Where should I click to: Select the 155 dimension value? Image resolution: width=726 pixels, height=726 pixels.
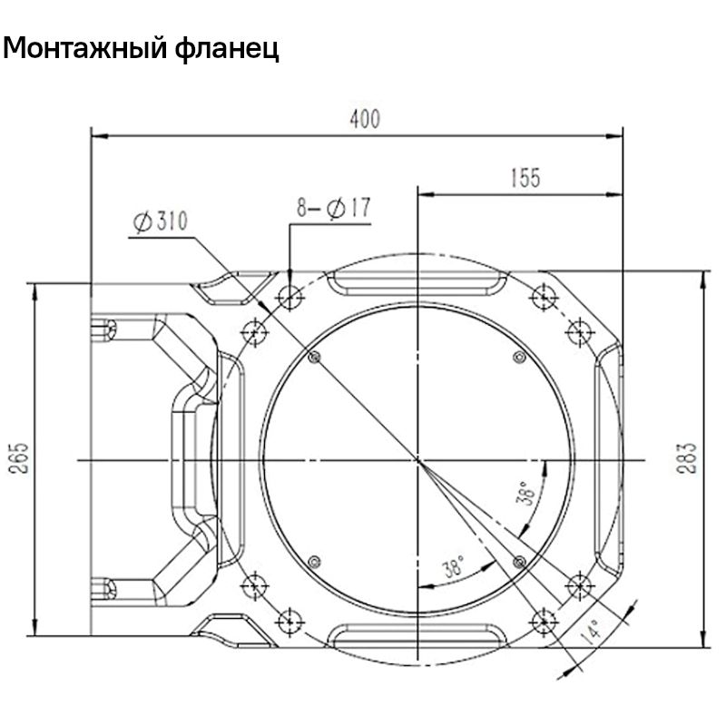coord(524,178)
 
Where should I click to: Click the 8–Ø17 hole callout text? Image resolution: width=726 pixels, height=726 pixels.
coord(333,208)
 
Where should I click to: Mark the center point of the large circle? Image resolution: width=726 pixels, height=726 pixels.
coord(417,461)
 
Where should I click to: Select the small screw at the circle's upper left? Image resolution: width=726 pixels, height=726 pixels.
coord(315,358)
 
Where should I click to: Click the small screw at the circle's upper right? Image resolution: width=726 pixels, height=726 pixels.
coord(519,358)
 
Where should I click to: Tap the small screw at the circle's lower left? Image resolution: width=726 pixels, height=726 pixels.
coord(315,560)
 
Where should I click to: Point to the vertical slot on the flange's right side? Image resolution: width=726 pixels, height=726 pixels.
coord(603,461)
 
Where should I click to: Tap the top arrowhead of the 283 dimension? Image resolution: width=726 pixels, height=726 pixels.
coord(705,275)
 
